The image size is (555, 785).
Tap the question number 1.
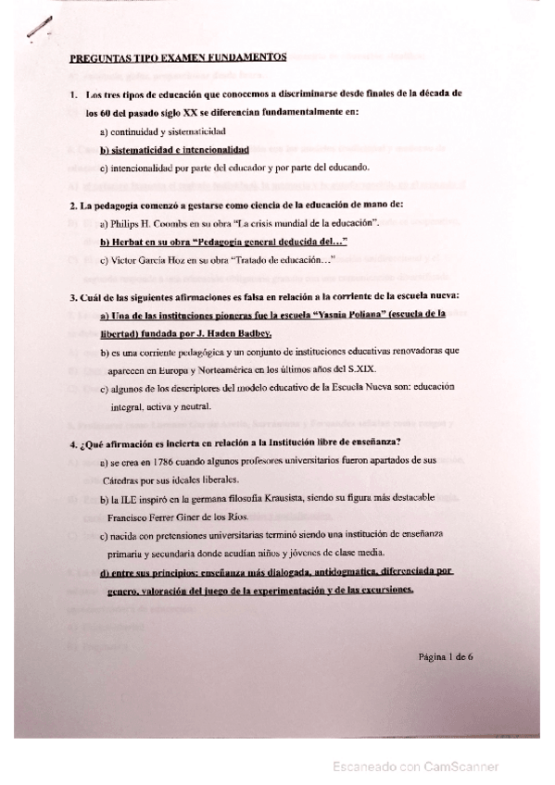73,94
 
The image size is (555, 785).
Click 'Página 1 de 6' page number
446,656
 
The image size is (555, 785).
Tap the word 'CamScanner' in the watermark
458,766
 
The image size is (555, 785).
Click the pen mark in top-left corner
38,30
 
